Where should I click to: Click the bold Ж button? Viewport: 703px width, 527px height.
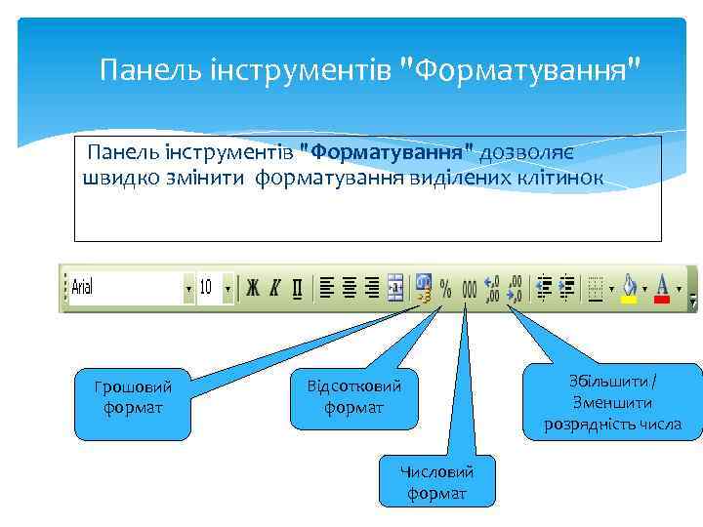[x=253, y=288]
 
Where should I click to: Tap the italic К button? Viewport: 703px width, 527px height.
[x=275, y=288]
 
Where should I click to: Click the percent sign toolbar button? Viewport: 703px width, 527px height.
[x=445, y=288]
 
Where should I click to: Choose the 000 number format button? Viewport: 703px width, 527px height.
[x=469, y=288]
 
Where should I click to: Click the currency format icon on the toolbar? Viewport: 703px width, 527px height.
[x=423, y=288]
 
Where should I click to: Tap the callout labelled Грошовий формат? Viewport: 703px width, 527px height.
[x=133, y=396]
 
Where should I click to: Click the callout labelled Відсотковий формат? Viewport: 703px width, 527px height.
[x=353, y=395]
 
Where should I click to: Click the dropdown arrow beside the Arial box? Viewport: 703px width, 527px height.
[x=188, y=289]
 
